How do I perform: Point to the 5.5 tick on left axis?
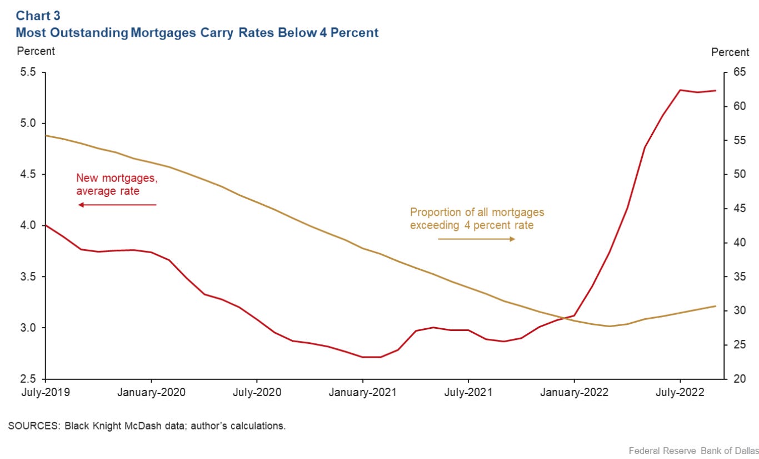coord(27,72)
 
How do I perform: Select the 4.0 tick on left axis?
coord(27,225)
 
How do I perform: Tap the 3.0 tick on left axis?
coord(27,328)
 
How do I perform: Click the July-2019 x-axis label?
coord(47,392)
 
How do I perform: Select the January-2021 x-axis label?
coord(363,392)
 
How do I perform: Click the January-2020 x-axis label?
coord(152,392)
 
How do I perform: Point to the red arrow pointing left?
coord(117,205)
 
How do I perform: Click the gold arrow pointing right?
coord(477,239)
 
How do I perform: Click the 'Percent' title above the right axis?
coord(730,52)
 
